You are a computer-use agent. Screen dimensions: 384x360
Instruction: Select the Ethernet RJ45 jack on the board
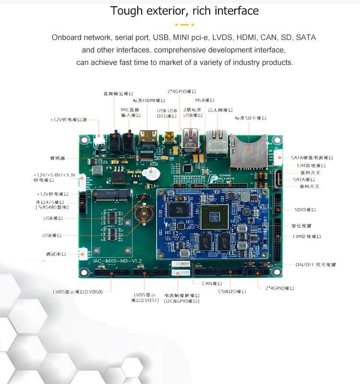[x=217, y=140]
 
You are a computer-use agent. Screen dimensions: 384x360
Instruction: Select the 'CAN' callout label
[x=211, y=284]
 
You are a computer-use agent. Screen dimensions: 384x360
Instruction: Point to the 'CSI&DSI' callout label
[x=232, y=291]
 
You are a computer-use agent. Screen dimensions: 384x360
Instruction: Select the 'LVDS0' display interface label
[x=82, y=292]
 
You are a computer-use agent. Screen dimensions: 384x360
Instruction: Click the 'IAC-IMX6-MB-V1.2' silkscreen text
[x=118, y=260]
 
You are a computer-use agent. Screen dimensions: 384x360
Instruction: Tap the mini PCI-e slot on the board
[x=112, y=197]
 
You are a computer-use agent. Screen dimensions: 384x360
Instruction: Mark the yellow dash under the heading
[x=184, y=24]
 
